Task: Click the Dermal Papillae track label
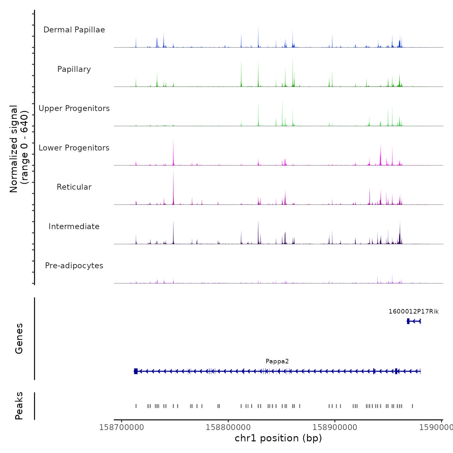point(74,30)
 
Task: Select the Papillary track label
point(74,69)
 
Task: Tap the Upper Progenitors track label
point(74,108)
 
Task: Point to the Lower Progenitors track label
point(74,148)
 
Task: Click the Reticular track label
point(74,187)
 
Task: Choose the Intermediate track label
point(74,226)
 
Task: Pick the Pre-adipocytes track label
point(74,266)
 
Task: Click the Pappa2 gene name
point(277,361)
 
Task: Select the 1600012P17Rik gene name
point(414,312)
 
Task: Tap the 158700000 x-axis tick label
point(122,427)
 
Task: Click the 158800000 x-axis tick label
point(228,427)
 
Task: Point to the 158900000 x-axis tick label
point(335,427)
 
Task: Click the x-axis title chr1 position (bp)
point(278,438)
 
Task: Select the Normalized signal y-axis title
point(19,149)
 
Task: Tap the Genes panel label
point(19,338)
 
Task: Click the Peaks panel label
point(19,406)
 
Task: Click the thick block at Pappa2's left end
point(136,371)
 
